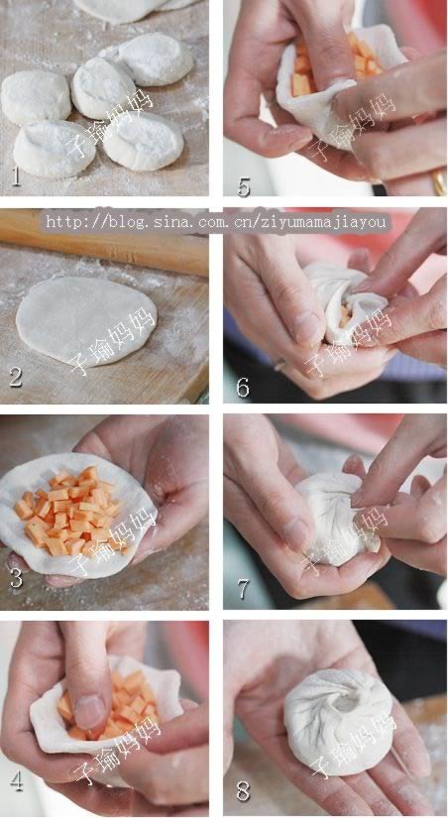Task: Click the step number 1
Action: pyautogui.click(x=16, y=176)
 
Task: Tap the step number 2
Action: pyautogui.click(x=16, y=378)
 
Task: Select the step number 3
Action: pyautogui.click(x=16, y=578)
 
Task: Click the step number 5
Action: pyautogui.click(x=244, y=186)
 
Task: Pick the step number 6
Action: pyautogui.click(x=243, y=388)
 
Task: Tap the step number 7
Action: pyautogui.click(x=243, y=588)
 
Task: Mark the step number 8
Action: pyautogui.click(x=243, y=791)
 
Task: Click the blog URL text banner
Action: pyautogui.click(x=216, y=223)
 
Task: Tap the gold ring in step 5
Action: pyautogui.click(x=439, y=182)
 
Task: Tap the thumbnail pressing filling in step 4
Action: pyautogui.click(x=88, y=711)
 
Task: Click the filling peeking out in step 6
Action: pyautogui.click(x=345, y=316)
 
